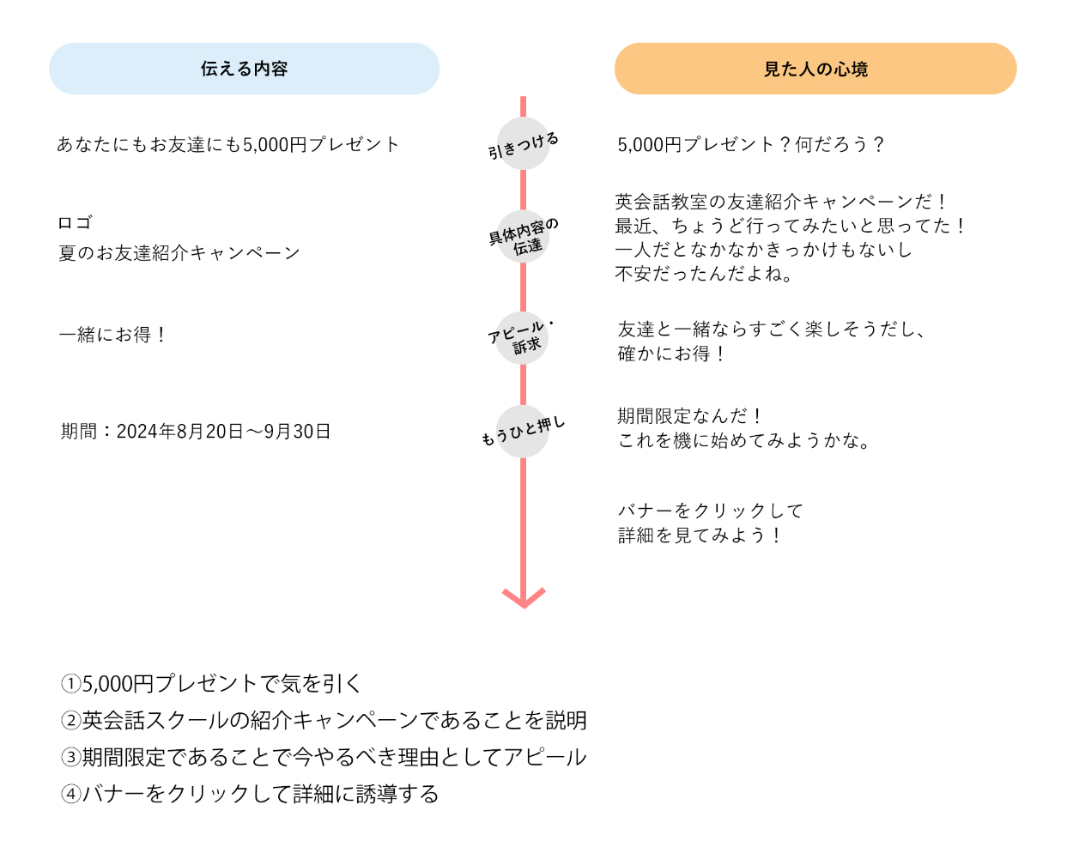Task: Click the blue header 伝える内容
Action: tap(244, 69)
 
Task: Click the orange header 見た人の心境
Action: tap(815, 69)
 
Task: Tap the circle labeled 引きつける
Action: tap(524, 144)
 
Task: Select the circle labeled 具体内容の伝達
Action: tap(524, 236)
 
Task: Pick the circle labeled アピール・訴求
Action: tap(523, 337)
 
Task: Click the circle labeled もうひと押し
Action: tap(523, 431)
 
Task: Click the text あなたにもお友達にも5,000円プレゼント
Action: tap(228, 144)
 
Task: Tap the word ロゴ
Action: tap(75, 223)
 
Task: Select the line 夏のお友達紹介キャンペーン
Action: tap(179, 253)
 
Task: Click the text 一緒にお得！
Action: tap(113, 335)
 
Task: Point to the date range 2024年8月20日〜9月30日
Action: tap(223, 432)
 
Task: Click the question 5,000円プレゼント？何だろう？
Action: tap(751, 144)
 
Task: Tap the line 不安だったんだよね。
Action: tap(705, 274)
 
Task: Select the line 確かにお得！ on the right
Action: tap(673, 354)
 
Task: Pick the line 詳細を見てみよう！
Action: tap(700, 535)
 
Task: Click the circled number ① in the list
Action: tap(70, 684)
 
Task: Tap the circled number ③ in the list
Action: tap(70, 758)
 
